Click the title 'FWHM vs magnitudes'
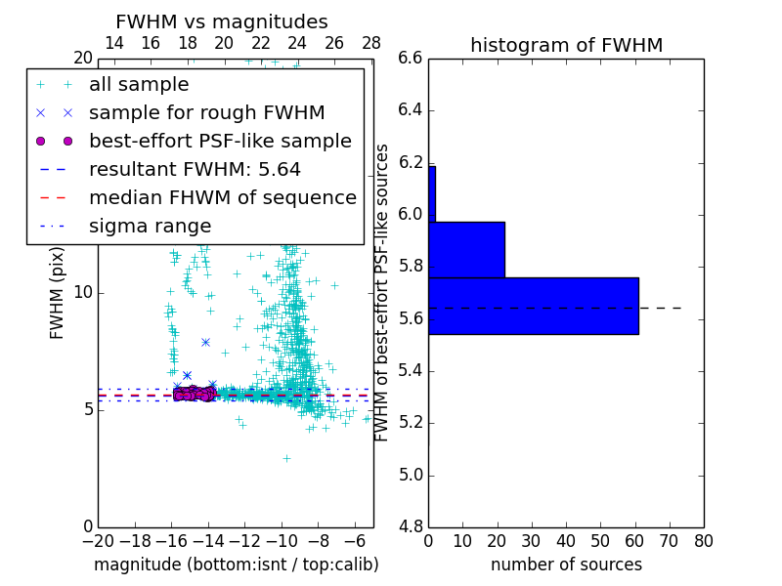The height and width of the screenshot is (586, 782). pyautogui.click(x=221, y=21)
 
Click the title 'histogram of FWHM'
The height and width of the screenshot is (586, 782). pyautogui.click(x=566, y=45)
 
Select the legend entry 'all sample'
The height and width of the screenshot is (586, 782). pyautogui.click(x=139, y=85)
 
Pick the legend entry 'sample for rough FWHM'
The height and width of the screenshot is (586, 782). pyautogui.click(x=206, y=113)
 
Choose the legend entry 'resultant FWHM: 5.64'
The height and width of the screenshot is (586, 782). pyautogui.click(x=195, y=170)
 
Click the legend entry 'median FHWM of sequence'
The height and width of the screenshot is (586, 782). pyautogui.click(x=222, y=198)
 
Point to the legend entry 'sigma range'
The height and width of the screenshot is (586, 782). pyautogui.click(x=150, y=227)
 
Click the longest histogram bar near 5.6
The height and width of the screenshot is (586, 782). pyautogui.click(x=533, y=306)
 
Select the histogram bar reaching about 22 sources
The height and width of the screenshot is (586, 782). pyautogui.click(x=466, y=249)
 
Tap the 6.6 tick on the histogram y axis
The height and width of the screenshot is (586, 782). pyautogui.click(x=410, y=59)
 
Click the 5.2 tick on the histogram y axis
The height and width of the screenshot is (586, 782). pyautogui.click(x=410, y=423)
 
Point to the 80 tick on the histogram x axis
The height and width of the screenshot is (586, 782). pyautogui.click(x=703, y=540)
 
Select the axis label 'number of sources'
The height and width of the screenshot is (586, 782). pyautogui.click(x=566, y=565)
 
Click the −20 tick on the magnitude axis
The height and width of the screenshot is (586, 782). pyautogui.click(x=98, y=540)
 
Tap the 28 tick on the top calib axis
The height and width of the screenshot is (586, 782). pyautogui.click(x=371, y=43)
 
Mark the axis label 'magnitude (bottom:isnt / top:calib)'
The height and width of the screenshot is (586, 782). pyautogui.click(x=236, y=565)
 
